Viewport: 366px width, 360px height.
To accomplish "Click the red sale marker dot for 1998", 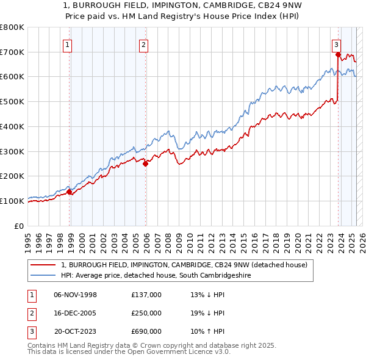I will click(x=70, y=192).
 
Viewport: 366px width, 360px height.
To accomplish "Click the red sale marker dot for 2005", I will click(x=146, y=163).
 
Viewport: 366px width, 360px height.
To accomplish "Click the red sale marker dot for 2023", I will click(x=337, y=54).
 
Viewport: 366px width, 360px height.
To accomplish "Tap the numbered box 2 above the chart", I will click(x=143, y=44).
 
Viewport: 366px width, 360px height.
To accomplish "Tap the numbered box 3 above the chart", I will click(x=336, y=44).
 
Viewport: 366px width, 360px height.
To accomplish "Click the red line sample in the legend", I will click(x=43, y=265).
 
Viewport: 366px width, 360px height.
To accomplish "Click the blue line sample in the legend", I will click(x=43, y=276).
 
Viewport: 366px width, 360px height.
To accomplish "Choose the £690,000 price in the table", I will click(x=146, y=331).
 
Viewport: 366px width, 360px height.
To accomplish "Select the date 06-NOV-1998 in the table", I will click(x=76, y=295).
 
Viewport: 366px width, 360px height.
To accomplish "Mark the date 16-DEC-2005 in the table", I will click(x=76, y=313).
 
